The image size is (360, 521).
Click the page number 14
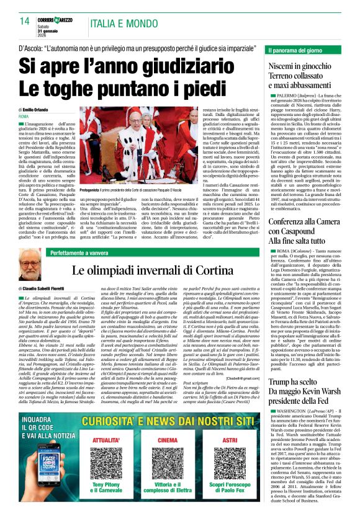[x=25, y=20]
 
